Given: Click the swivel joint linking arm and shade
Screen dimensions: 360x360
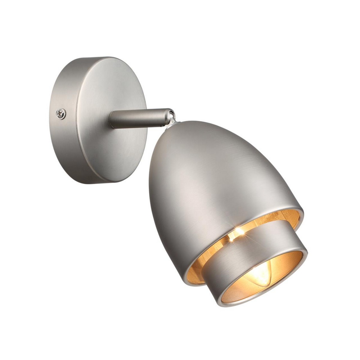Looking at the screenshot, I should (x=173, y=115).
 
